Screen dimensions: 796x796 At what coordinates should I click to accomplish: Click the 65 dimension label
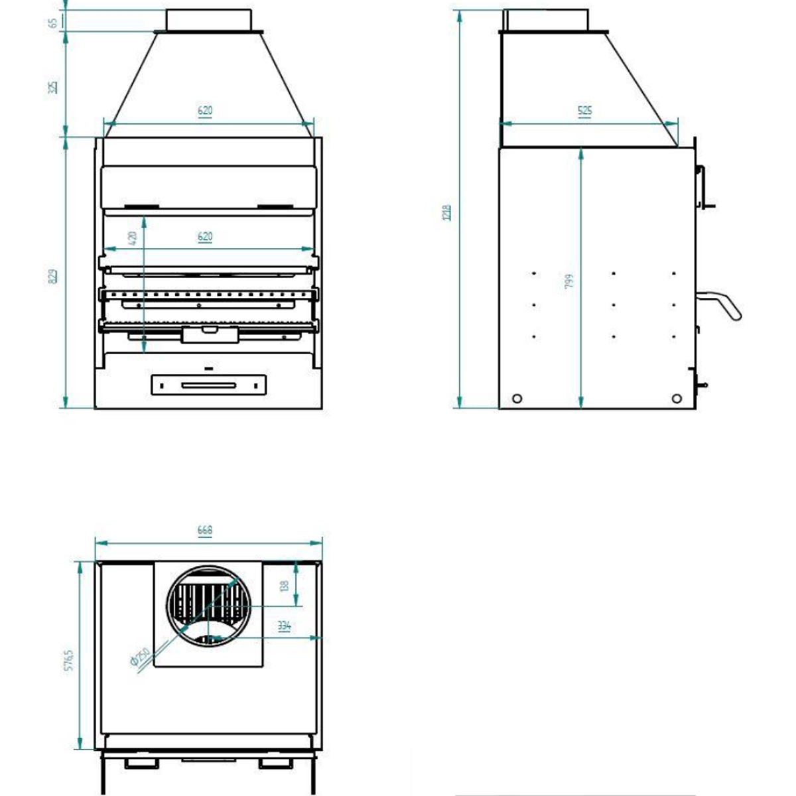click(x=52, y=23)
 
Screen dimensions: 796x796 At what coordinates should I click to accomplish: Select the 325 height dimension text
click(x=52, y=86)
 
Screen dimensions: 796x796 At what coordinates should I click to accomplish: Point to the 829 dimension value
click(x=52, y=275)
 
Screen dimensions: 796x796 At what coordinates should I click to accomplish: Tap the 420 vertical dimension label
click(x=133, y=237)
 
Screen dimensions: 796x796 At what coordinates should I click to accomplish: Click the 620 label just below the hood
click(x=205, y=111)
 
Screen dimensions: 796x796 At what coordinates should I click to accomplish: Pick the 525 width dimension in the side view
click(x=584, y=111)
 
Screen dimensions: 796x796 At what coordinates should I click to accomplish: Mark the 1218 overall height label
click(x=447, y=212)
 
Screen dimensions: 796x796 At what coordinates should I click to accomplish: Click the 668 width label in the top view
click(x=205, y=531)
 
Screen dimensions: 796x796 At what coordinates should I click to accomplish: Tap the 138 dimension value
click(x=284, y=586)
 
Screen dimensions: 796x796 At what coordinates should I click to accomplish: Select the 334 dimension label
click(x=284, y=626)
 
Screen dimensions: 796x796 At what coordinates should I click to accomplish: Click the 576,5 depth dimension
click(x=69, y=661)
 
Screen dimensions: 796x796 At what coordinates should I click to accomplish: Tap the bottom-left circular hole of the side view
click(x=517, y=398)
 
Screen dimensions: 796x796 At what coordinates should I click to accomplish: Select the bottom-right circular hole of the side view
click(x=677, y=398)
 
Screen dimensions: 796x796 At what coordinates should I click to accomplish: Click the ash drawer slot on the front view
click(x=208, y=385)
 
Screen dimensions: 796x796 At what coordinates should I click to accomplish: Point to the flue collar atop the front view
click(x=209, y=20)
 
